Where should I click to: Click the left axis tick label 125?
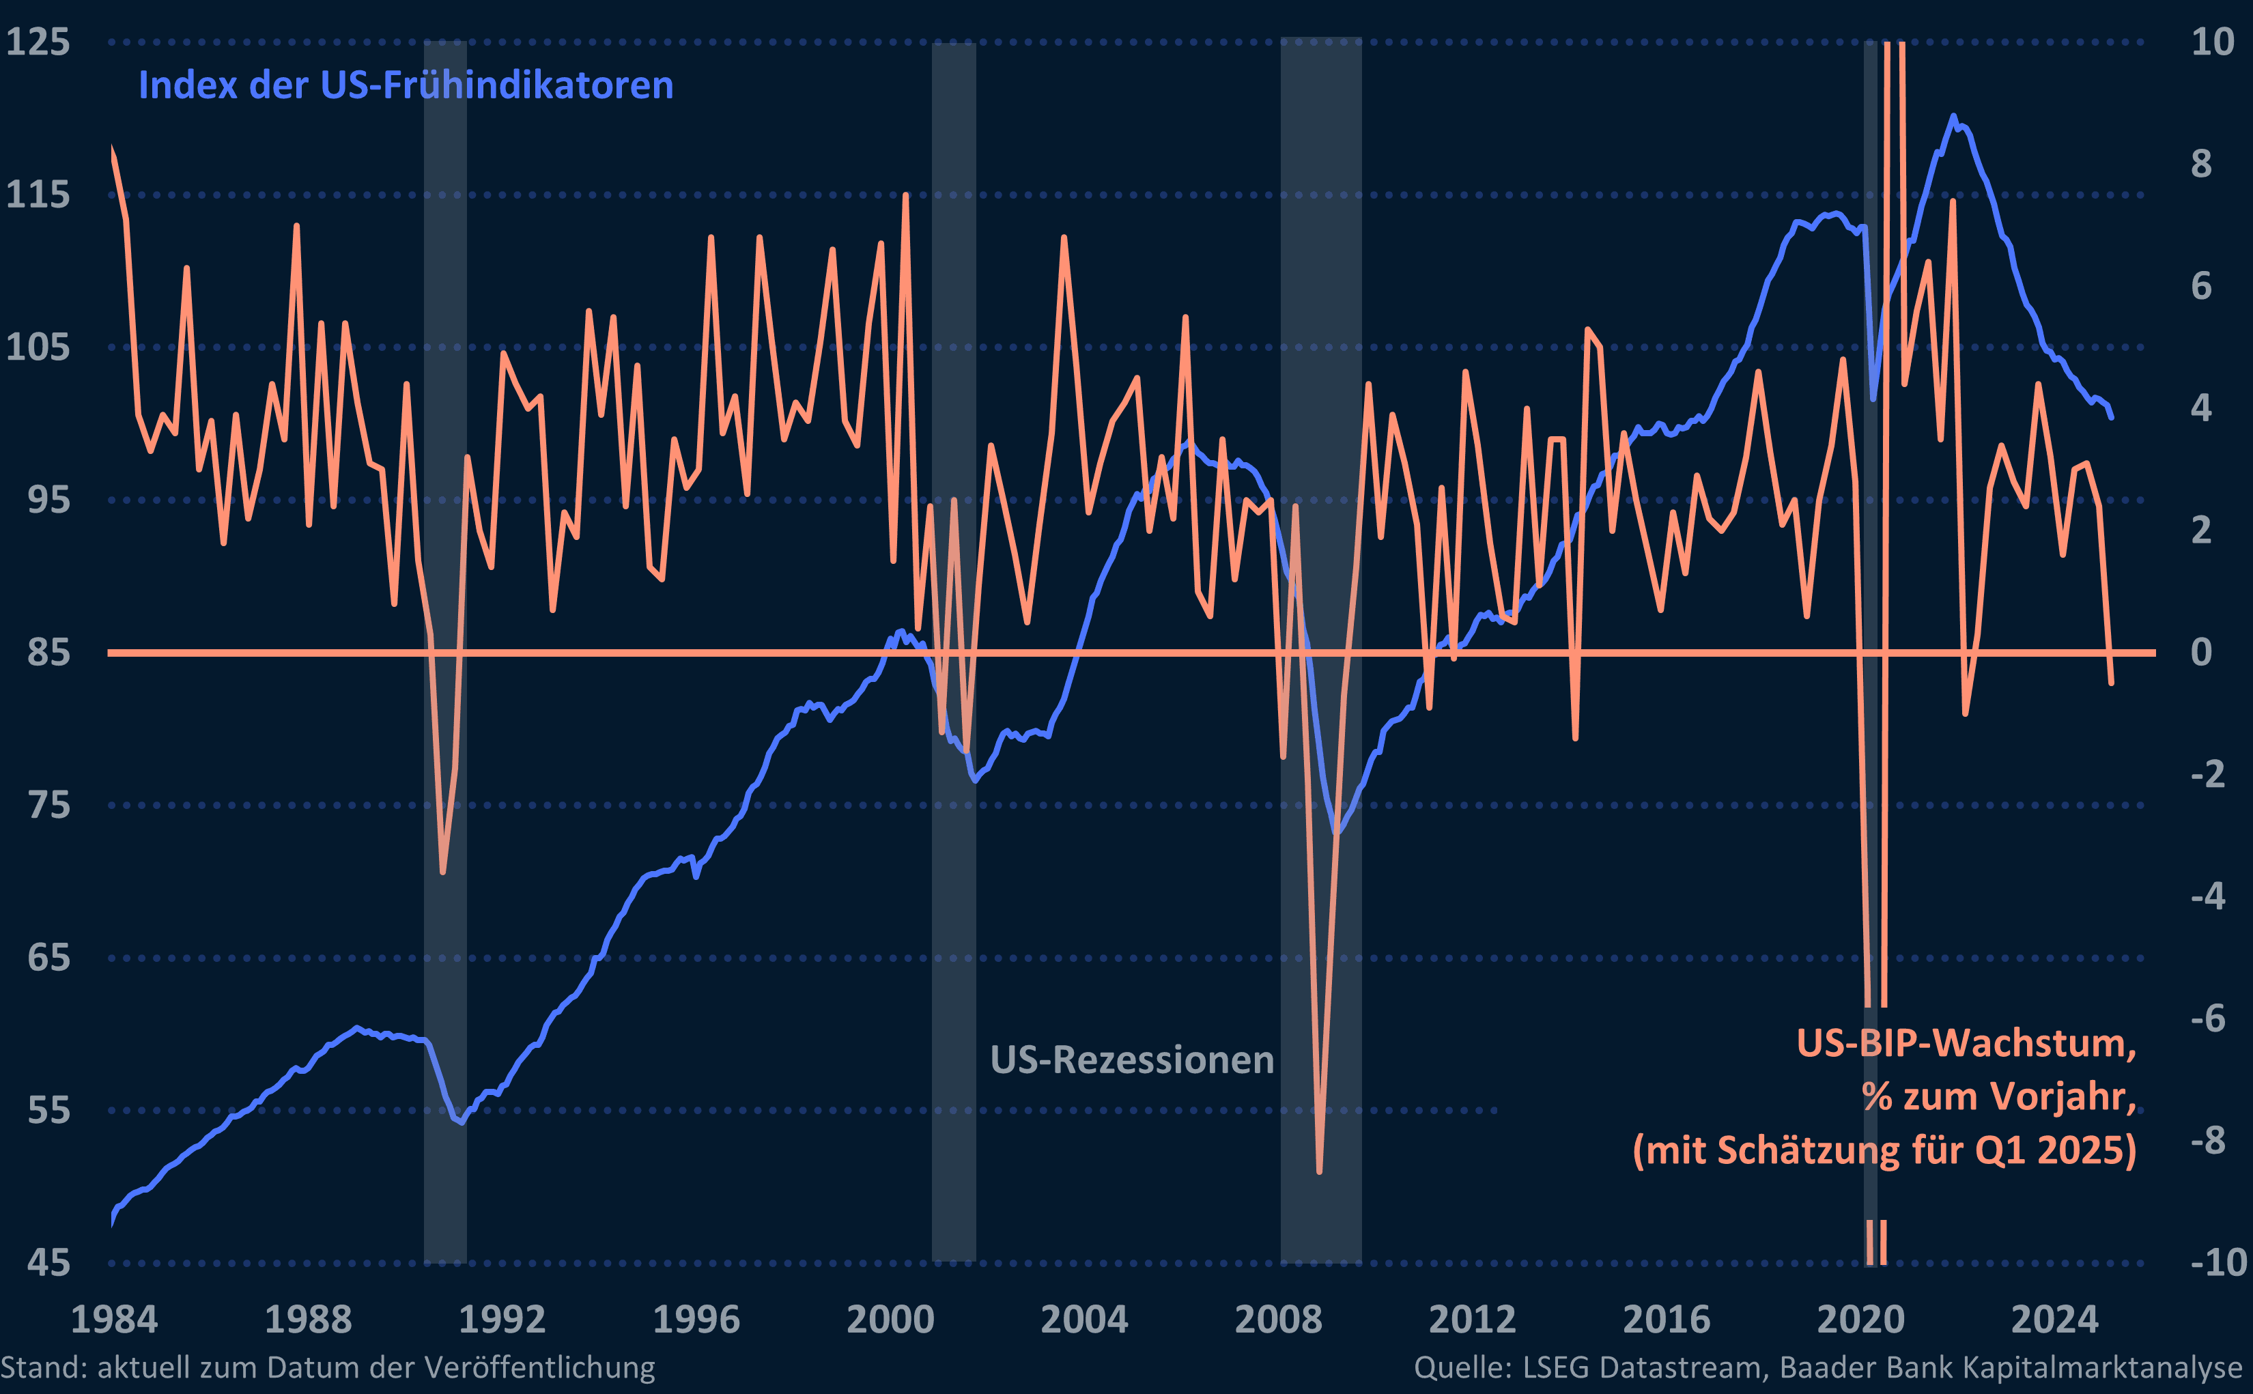(38, 42)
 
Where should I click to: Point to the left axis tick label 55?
(49, 1110)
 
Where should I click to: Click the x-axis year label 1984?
(114, 1320)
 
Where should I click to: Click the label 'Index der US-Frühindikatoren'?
(406, 86)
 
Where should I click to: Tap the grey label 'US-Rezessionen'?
(1131, 1060)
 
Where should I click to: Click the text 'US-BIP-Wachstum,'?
(1966, 1042)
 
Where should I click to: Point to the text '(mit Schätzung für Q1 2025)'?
(1884, 1150)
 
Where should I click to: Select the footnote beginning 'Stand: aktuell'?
(327, 1367)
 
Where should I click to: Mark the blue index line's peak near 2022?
(1953, 117)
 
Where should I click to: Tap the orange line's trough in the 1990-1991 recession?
(442, 871)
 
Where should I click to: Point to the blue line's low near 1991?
(461, 1122)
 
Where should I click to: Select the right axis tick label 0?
(2200, 652)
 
